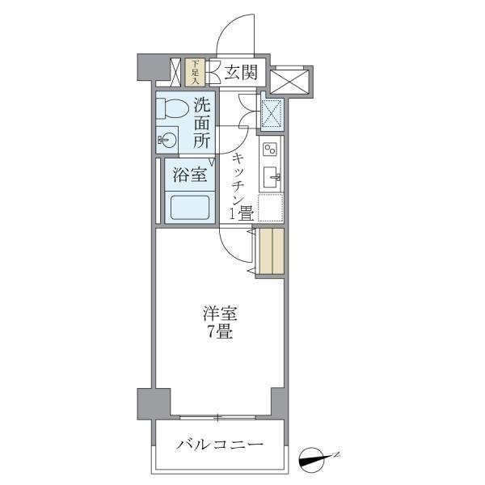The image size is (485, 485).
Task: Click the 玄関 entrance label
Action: click(240, 74)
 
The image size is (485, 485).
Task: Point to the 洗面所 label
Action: click(202, 122)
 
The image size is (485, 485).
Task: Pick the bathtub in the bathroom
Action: click(188, 208)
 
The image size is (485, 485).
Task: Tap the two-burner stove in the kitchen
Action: click(270, 150)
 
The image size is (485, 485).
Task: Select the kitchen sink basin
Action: click(270, 178)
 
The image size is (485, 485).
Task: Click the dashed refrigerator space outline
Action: click(271, 209)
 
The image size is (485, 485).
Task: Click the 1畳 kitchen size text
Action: click(243, 214)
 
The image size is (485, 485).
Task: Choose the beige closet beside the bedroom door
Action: click(271, 251)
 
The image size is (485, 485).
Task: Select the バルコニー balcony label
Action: click(219, 445)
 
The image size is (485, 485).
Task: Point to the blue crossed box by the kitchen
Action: click(270, 112)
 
